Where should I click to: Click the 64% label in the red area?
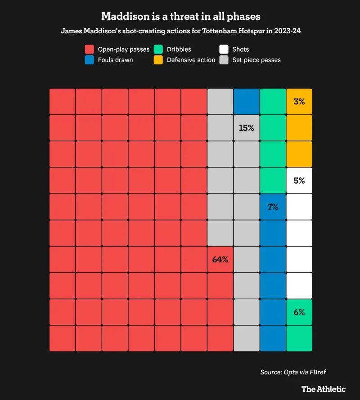pos(220,260)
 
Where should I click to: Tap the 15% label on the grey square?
pos(247,128)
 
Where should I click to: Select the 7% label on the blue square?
pos(273,207)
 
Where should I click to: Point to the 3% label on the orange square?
pos(299,102)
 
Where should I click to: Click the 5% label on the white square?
pos(299,181)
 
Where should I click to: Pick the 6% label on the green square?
pos(299,312)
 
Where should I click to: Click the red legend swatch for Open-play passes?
pos(90,49)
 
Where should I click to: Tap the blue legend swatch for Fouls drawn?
pos(90,59)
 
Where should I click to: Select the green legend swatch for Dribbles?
pos(158,49)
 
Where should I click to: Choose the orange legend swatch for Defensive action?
pos(158,59)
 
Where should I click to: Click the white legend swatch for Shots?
pos(224,49)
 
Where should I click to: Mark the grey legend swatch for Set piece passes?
pos(224,59)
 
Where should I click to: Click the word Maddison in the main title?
pos(123,16)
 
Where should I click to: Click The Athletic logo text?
pos(324,389)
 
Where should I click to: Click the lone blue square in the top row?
pos(247,102)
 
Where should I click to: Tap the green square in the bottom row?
pos(299,338)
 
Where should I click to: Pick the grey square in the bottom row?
pos(247,338)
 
